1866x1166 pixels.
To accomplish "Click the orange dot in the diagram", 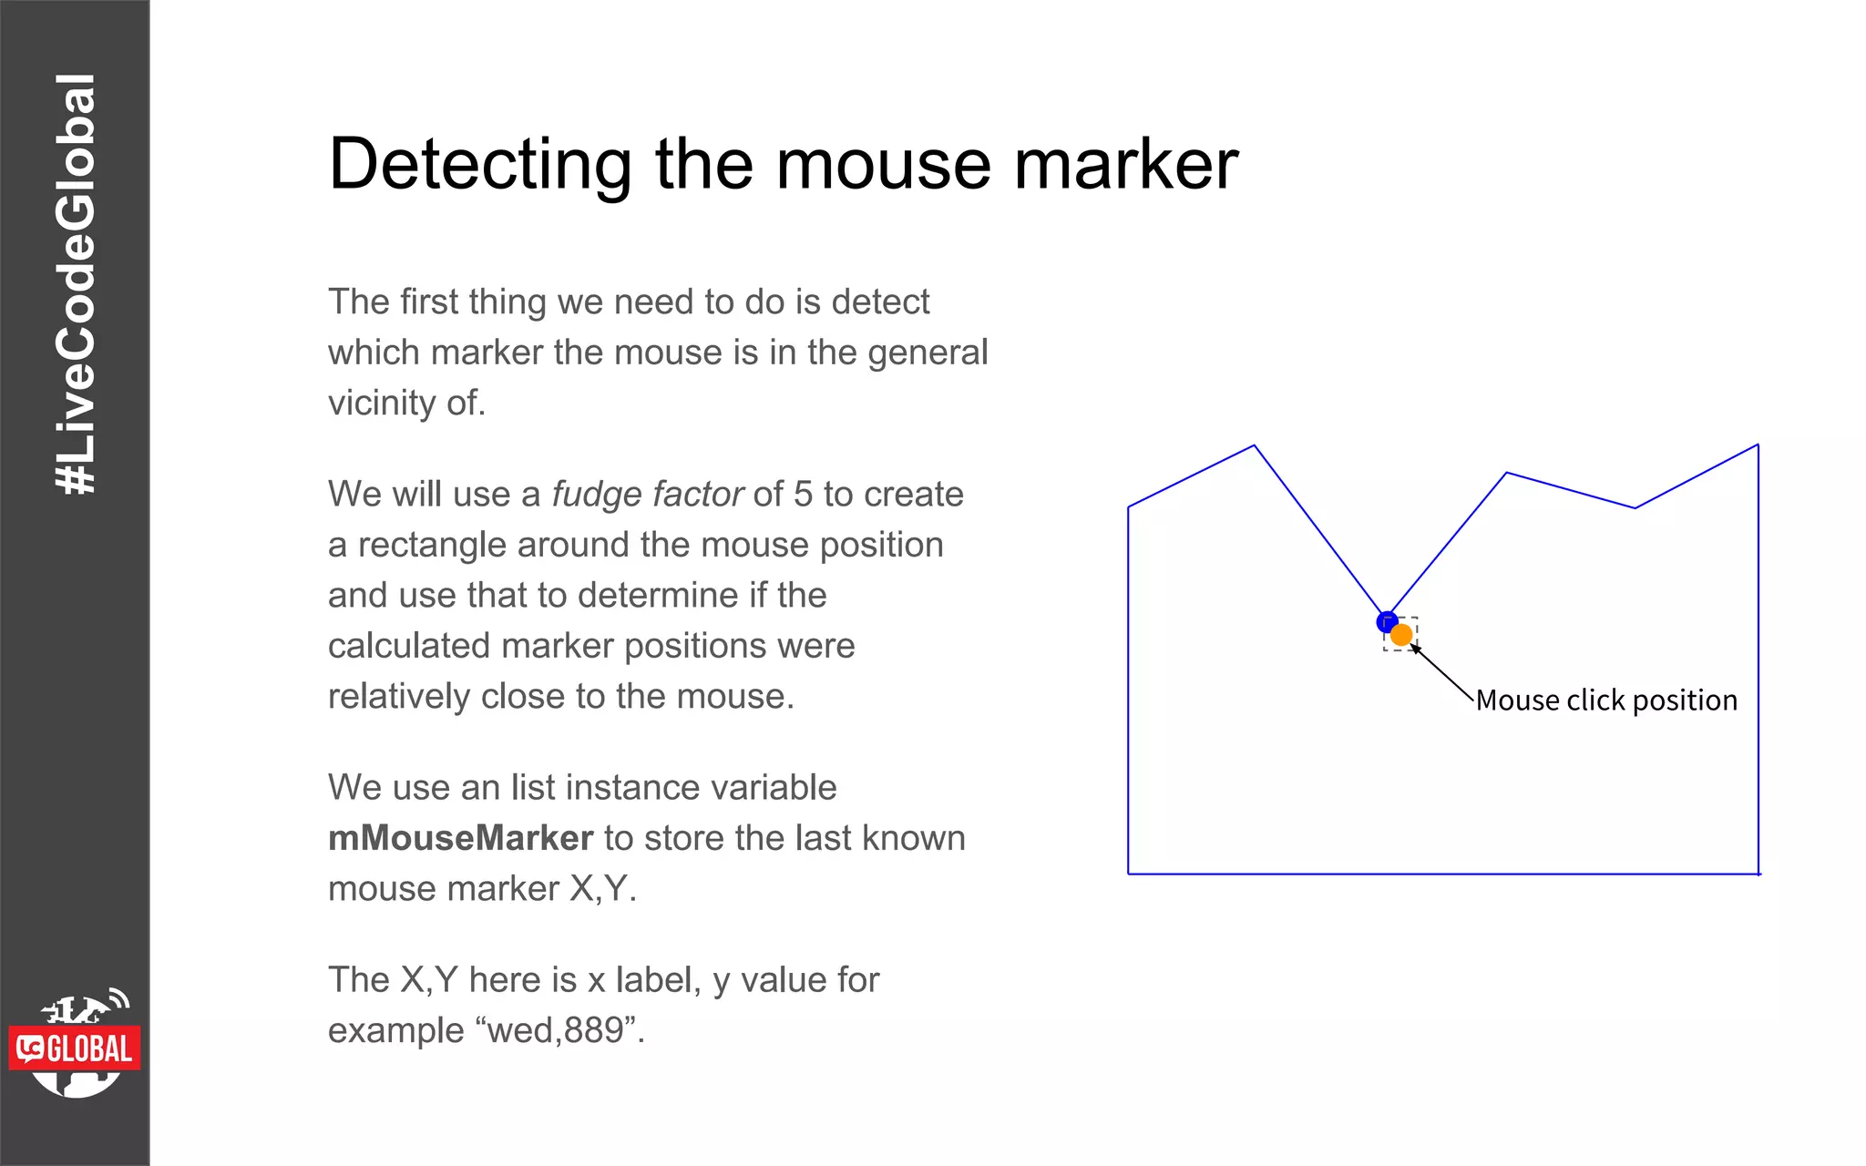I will [1401, 635].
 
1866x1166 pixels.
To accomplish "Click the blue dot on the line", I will [1387, 621].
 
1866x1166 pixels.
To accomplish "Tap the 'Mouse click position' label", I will [1606, 700].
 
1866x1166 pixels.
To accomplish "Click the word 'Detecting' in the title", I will [480, 165].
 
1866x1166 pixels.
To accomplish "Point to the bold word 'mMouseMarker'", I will [460, 838].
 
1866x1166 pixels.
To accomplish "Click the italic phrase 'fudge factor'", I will [648, 494].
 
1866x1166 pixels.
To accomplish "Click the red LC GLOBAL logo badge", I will [76, 1049].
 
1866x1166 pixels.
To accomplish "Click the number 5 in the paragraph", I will [803, 494].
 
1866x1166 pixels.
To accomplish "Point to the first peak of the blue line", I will [1254, 446].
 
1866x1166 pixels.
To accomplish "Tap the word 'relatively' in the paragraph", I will [399, 696].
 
